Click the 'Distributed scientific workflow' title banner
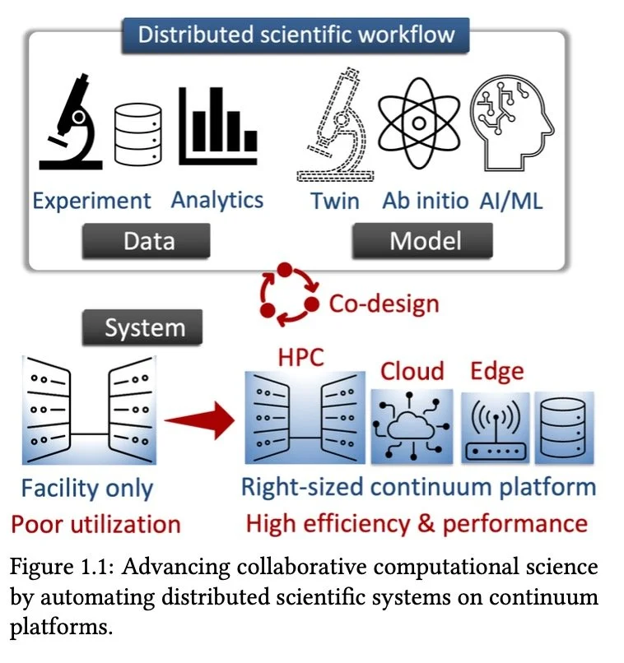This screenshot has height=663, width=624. (x=296, y=35)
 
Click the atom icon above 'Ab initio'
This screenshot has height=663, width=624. (x=418, y=123)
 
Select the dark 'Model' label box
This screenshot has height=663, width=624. (x=421, y=241)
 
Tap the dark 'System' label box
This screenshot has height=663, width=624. (x=144, y=328)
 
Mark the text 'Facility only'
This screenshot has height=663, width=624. (x=87, y=488)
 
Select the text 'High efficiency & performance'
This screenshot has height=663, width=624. (x=417, y=523)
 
